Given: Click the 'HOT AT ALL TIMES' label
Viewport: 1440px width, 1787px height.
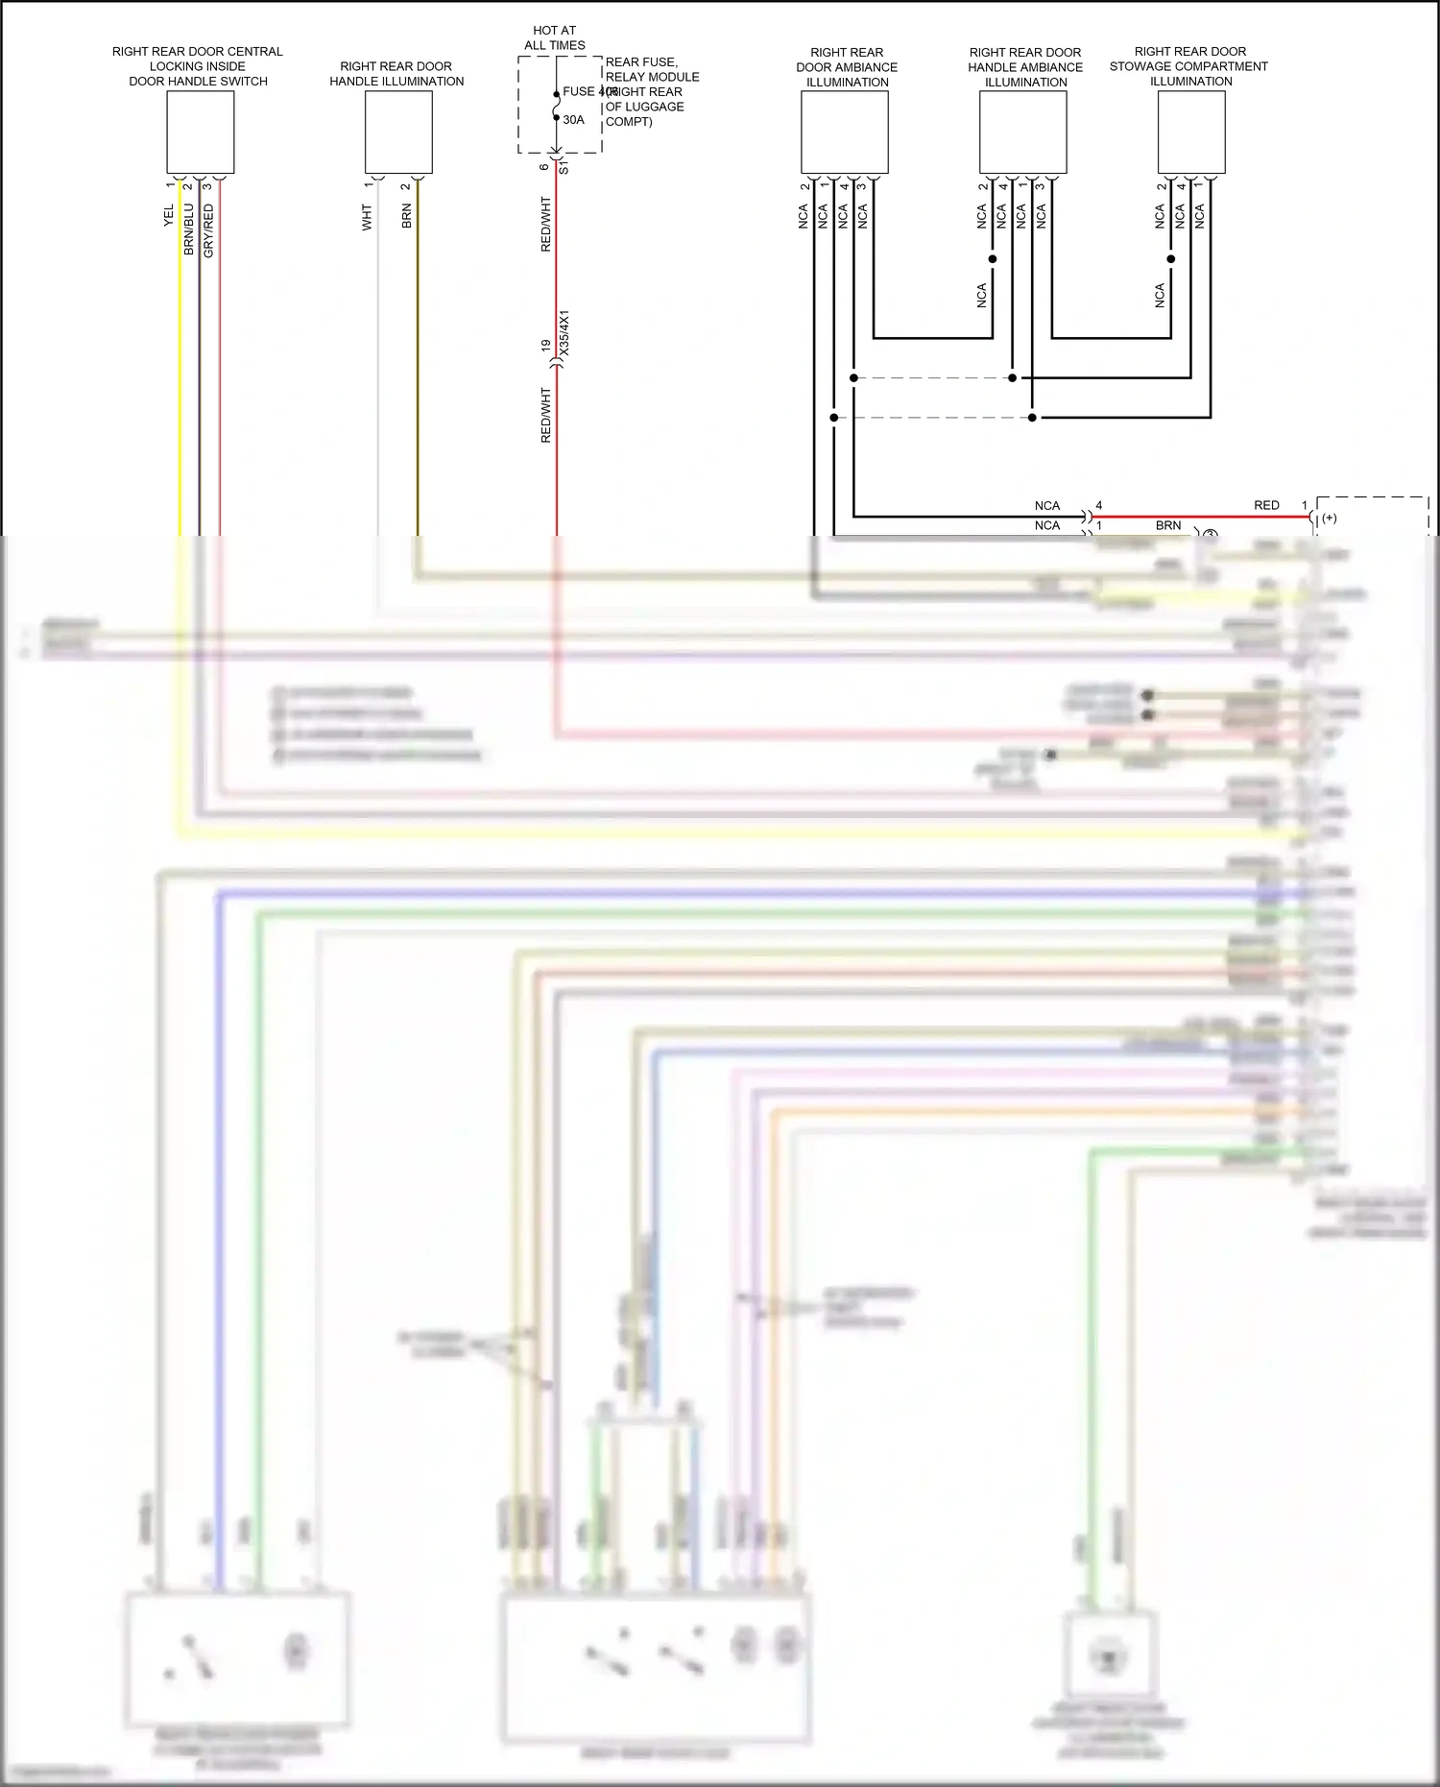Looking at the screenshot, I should tap(554, 37).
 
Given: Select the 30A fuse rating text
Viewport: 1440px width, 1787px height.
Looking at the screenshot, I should tap(573, 120).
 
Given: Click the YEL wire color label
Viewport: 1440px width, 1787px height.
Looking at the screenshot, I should tap(169, 215).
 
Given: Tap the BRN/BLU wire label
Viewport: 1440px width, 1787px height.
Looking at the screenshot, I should tap(189, 229).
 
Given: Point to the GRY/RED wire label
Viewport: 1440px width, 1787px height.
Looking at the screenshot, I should tap(208, 230).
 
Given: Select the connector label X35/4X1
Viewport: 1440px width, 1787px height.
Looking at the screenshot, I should tap(564, 332).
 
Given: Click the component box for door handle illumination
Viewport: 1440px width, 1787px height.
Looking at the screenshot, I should tap(398, 133).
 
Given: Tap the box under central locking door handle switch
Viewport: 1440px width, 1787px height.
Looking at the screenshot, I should tap(201, 133).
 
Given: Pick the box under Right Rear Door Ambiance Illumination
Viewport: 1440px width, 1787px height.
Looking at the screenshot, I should tap(845, 133).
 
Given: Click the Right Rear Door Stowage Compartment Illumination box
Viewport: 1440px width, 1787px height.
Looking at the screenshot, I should tap(1191, 133).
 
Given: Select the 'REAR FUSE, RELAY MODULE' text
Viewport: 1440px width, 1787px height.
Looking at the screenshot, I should tap(652, 69).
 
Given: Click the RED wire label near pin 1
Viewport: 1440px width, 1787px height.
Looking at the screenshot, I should tap(1266, 505).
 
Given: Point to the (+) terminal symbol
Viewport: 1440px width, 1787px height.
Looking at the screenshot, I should tap(1330, 519).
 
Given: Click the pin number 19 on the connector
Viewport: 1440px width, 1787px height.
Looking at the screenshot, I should tap(545, 345).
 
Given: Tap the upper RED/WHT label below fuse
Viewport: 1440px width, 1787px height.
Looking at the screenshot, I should tap(546, 225).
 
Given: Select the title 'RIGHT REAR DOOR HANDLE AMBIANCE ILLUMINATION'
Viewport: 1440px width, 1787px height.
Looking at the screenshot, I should tap(1025, 67).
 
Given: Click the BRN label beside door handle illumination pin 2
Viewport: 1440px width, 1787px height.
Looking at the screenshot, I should tap(407, 215).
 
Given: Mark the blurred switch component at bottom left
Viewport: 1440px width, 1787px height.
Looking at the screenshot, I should tap(237, 1658).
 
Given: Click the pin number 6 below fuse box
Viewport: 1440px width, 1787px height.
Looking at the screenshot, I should tap(544, 167).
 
